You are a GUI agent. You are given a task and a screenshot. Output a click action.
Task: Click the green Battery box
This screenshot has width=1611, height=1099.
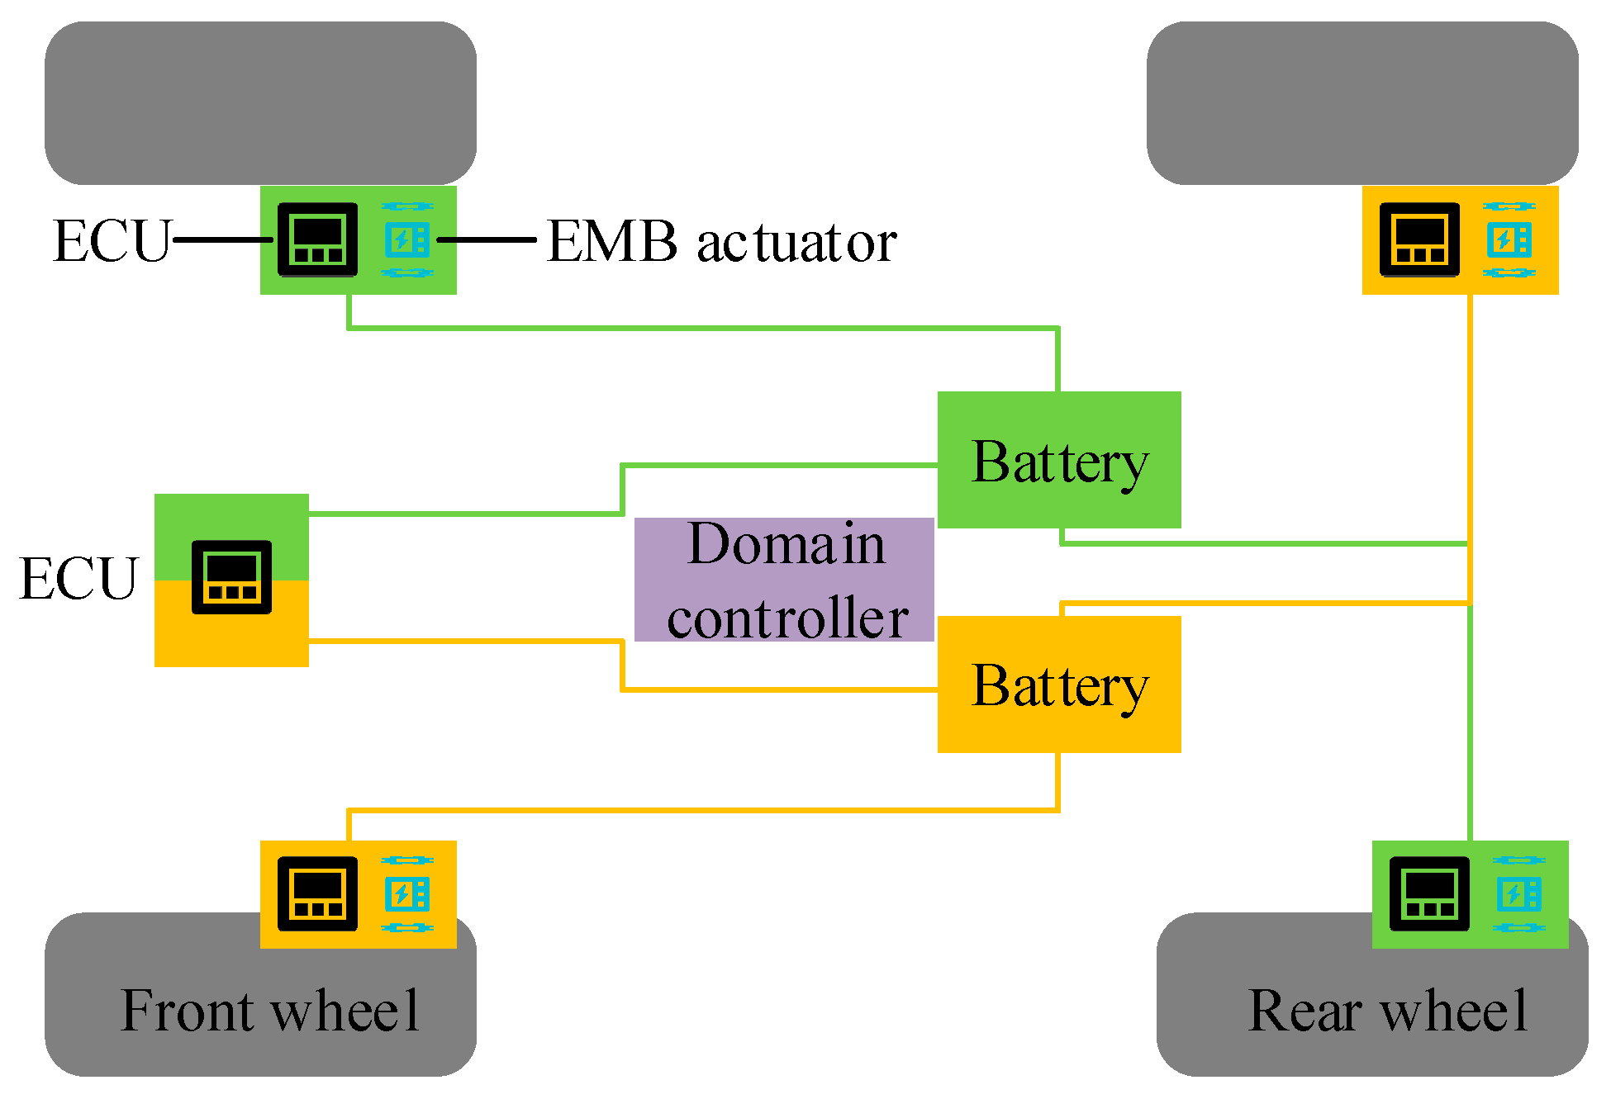1059,460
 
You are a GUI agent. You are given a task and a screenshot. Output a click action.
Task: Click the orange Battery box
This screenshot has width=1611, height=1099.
1059,685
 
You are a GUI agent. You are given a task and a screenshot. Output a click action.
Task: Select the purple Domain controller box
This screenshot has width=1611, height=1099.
784,580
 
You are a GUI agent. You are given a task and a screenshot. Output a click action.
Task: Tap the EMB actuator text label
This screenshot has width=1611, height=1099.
721,242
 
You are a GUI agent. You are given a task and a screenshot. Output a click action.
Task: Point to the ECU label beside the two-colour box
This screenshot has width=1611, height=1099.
78,578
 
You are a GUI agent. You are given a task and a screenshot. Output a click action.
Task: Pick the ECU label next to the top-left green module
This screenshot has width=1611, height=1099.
112,241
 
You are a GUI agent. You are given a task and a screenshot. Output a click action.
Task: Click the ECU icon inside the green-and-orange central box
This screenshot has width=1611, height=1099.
231,577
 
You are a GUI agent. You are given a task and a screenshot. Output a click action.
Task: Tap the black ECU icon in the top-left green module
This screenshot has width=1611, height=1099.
317,239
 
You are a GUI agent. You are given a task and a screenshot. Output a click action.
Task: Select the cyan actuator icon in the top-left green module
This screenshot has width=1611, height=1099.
407,239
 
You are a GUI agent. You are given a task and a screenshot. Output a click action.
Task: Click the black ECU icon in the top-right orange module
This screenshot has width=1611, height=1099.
1419,239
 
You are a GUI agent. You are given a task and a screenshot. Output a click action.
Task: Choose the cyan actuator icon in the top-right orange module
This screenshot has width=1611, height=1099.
1509,239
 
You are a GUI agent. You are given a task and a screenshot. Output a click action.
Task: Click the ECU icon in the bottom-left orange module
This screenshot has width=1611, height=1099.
317,893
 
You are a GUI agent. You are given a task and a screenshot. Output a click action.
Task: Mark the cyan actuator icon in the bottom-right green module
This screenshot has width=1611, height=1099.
1518,893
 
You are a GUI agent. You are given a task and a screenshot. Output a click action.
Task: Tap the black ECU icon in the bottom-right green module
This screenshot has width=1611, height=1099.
1429,893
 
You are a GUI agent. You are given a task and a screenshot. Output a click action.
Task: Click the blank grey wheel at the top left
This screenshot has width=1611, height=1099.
260,103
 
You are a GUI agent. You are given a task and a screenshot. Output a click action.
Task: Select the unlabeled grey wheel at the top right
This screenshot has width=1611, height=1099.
1362,103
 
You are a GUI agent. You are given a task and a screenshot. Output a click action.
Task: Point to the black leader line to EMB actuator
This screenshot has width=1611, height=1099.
487,239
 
